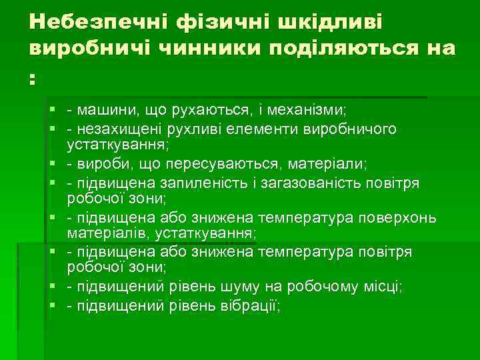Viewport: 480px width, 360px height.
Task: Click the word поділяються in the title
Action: pos(347,49)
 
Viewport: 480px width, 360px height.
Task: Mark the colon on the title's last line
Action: pos(32,78)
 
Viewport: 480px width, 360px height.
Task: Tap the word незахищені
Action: pos(115,129)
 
